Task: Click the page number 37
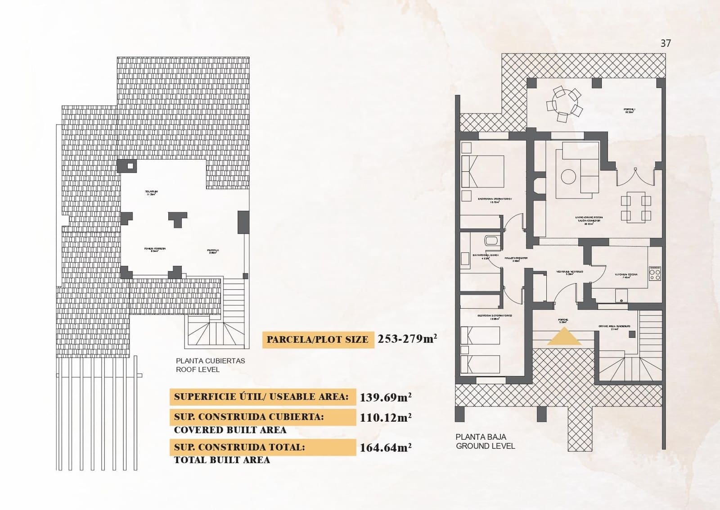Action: click(x=666, y=43)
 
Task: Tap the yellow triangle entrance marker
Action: click(x=564, y=337)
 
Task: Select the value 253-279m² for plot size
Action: click(x=407, y=339)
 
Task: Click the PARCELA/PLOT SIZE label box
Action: click(x=318, y=340)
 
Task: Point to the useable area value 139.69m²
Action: click(x=386, y=397)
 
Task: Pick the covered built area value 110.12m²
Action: click(x=386, y=418)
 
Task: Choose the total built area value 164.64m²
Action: click(x=386, y=448)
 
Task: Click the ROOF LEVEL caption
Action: click(x=198, y=369)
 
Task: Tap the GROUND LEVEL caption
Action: click(x=485, y=446)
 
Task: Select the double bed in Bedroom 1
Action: click(x=483, y=171)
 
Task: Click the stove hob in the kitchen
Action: click(x=655, y=273)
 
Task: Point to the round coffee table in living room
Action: click(x=568, y=176)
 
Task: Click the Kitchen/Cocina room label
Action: click(x=626, y=275)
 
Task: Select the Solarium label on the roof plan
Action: click(x=151, y=193)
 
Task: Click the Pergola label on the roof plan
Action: click(x=213, y=251)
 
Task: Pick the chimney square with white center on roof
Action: click(x=130, y=166)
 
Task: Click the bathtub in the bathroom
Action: click(x=491, y=240)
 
